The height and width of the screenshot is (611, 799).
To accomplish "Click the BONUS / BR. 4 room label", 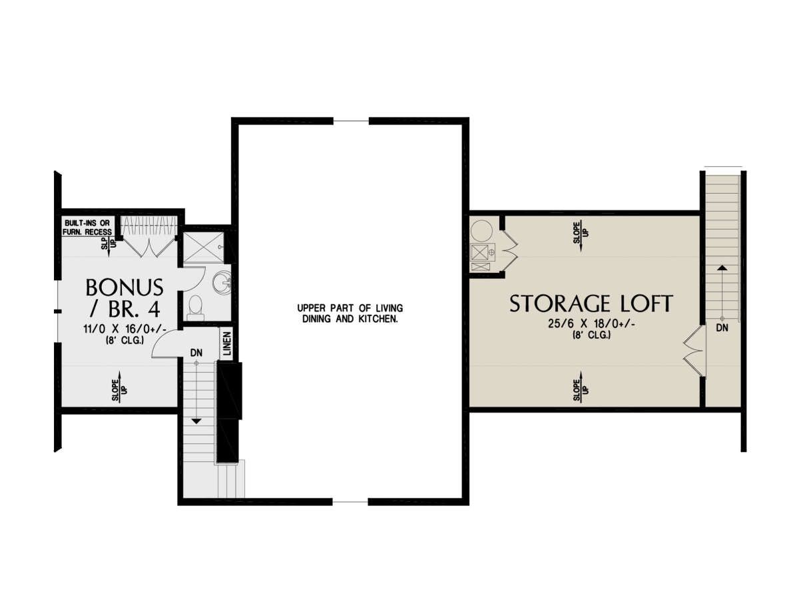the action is [x=124, y=297].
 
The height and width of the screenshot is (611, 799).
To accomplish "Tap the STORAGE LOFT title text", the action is [x=591, y=304].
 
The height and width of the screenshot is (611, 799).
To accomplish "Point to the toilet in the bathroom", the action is [x=196, y=308].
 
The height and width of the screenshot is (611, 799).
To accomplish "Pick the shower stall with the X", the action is [x=204, y=246].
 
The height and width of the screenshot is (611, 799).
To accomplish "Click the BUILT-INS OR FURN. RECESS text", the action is [x=87, y=227].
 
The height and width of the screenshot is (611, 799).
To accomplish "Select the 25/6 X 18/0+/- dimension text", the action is [x=591, y=324].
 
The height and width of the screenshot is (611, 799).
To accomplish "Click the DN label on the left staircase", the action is [x=196, y=353].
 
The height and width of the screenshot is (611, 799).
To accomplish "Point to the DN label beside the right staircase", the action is [x=722, y=328].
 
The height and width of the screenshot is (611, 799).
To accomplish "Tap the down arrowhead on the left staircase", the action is [x=196, y=421].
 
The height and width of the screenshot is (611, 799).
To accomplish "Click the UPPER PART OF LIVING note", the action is [x=350, y=308].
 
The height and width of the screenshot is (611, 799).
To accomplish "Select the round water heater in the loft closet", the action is [x=481, y=230].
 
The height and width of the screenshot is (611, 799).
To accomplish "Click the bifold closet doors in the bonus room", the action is [x=148, y=248].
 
